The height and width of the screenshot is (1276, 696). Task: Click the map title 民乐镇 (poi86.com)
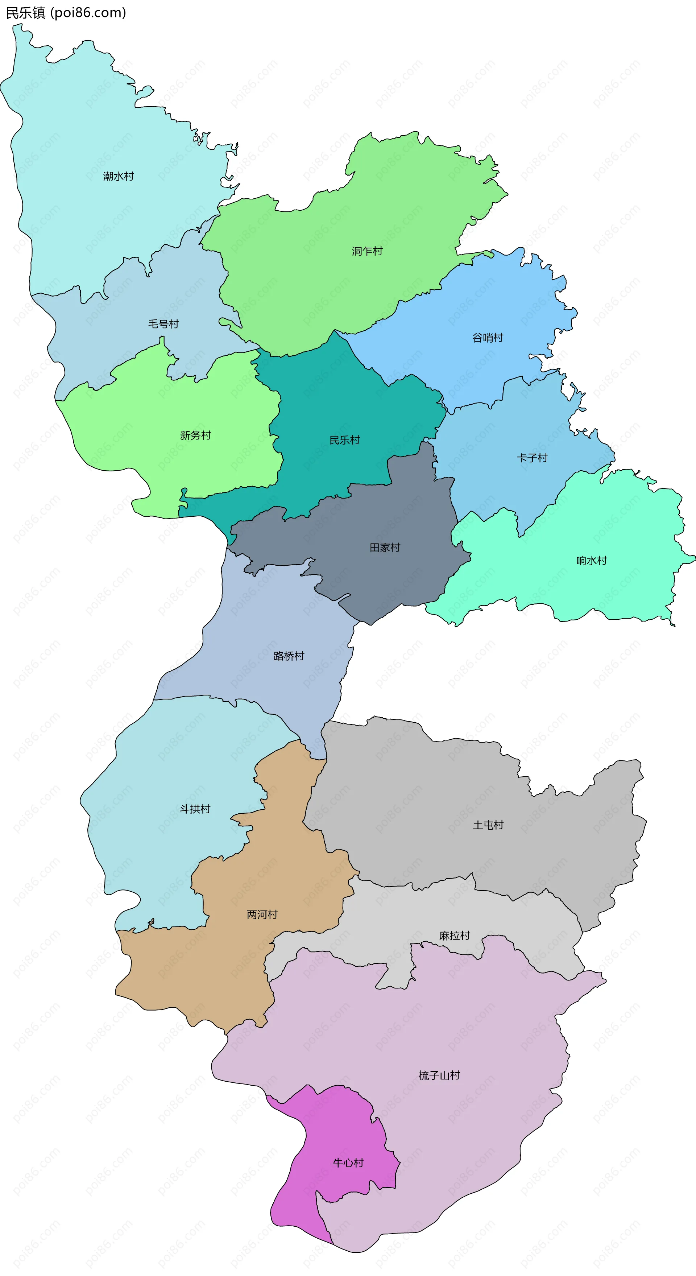[x=66, y=12]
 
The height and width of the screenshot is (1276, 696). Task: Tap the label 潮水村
[x=119, y=176]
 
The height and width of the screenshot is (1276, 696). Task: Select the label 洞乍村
[x=367, y=251]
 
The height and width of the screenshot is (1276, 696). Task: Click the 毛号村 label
[x=163, y=324]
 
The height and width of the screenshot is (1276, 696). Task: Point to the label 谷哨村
[x=488, y=338]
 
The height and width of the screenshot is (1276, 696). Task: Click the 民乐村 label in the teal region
[x=344, y=440]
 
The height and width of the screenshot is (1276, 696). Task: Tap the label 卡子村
[x=532, y=458]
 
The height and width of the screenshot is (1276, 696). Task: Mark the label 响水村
[x=592, y=561]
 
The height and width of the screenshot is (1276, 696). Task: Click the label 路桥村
[x=289, y=656]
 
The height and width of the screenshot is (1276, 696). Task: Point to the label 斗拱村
[x=195, y=809]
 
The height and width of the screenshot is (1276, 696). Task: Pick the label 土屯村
[x=488, y=825]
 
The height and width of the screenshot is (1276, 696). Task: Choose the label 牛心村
[x=348, y=1163]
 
